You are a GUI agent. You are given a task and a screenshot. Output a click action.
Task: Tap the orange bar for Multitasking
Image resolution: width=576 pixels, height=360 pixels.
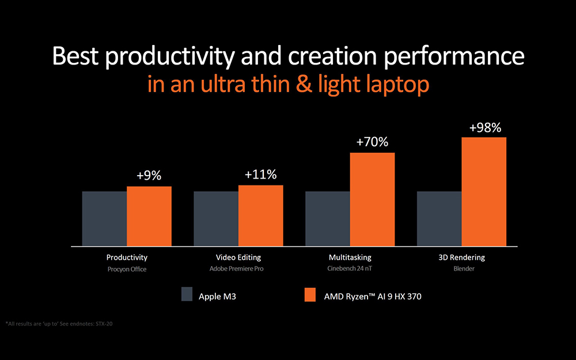point(372,199)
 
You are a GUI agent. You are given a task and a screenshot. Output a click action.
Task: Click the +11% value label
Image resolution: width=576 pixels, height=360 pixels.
point(260,175)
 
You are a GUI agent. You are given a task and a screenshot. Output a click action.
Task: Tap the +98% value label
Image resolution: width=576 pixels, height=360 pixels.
point(484,127)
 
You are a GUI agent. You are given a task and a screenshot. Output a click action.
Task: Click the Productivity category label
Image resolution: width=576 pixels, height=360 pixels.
point(127,257)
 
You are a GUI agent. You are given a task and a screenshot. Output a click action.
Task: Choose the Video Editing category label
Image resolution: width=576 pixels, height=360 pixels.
point(238,257)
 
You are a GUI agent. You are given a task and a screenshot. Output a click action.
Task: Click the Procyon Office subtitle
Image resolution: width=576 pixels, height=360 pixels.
point(127,269)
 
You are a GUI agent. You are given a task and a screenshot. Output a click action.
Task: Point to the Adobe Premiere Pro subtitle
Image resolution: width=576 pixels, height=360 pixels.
point(238,269)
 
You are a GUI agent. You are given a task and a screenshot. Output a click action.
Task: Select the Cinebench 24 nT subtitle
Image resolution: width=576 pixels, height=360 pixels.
point(350,269)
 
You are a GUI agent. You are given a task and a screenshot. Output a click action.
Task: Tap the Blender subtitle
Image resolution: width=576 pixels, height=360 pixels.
point(462,269)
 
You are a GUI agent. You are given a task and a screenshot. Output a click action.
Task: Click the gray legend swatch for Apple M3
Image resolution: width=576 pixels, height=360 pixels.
point(187,294)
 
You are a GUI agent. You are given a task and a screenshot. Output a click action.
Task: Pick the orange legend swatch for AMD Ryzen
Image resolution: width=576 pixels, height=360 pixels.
point(309,294)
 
